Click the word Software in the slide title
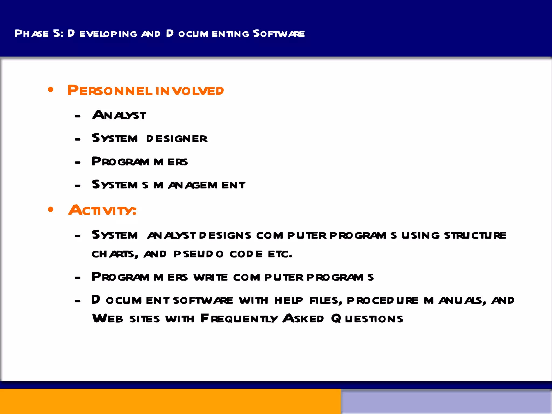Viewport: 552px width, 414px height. pos(279,34)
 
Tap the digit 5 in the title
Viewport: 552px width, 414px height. pos(57,33)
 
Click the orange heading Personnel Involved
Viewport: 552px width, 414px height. pos(146,91)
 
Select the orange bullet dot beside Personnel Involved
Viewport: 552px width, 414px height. pos(51,90)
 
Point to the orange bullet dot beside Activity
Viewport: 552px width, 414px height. pos(51,209)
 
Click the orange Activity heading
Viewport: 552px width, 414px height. pos(102,210)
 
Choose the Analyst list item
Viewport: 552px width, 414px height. pos(119,115)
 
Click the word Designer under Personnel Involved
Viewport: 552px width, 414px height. pos(177,139)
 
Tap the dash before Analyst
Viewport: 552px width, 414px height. pos(78,116)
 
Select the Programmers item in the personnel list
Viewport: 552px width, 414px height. pos(140,162)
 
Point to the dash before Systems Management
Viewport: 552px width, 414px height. pos(78,186)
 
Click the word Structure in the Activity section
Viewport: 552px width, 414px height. pos(475,236)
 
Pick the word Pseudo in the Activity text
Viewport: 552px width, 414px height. pos(198,254)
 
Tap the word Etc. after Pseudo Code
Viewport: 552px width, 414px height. pos(280,254)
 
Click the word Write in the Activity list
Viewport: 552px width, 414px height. pos(211,277)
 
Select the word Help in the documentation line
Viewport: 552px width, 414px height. pos(288,301)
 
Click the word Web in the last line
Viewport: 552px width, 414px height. pos(108,319)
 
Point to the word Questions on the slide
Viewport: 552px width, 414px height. pos(367,319)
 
